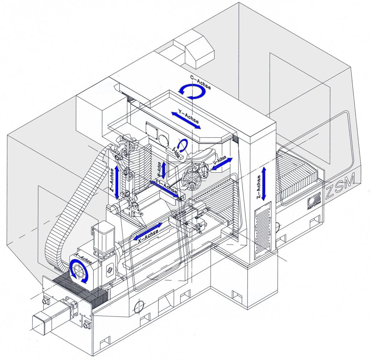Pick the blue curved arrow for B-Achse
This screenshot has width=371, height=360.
(x=183, y=144)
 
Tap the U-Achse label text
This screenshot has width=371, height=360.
(x=219, y=162)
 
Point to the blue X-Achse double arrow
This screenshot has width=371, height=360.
(x=148, y=231)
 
